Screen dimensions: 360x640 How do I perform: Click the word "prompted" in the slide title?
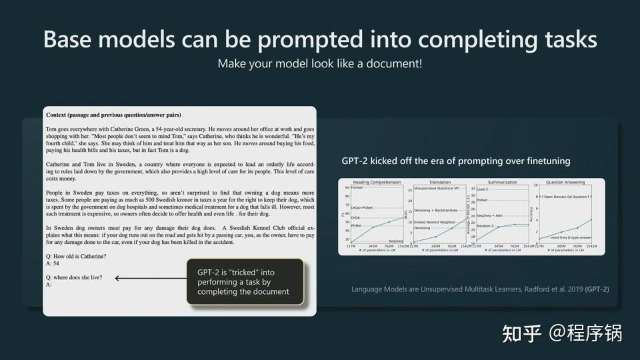pos(304,39)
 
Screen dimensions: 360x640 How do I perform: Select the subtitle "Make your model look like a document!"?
pos(319,64)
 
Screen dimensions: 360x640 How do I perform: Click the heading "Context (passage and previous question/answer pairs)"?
pos(113,115)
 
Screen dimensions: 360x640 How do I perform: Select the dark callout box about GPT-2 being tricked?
pos(245,282)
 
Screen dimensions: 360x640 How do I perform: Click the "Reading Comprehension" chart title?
pos(376,182)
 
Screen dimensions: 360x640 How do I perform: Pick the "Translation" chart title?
pos(440,182)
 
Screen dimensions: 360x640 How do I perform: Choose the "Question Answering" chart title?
pos(566,182)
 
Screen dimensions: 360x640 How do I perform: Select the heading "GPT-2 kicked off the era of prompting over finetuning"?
pos(456,161)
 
